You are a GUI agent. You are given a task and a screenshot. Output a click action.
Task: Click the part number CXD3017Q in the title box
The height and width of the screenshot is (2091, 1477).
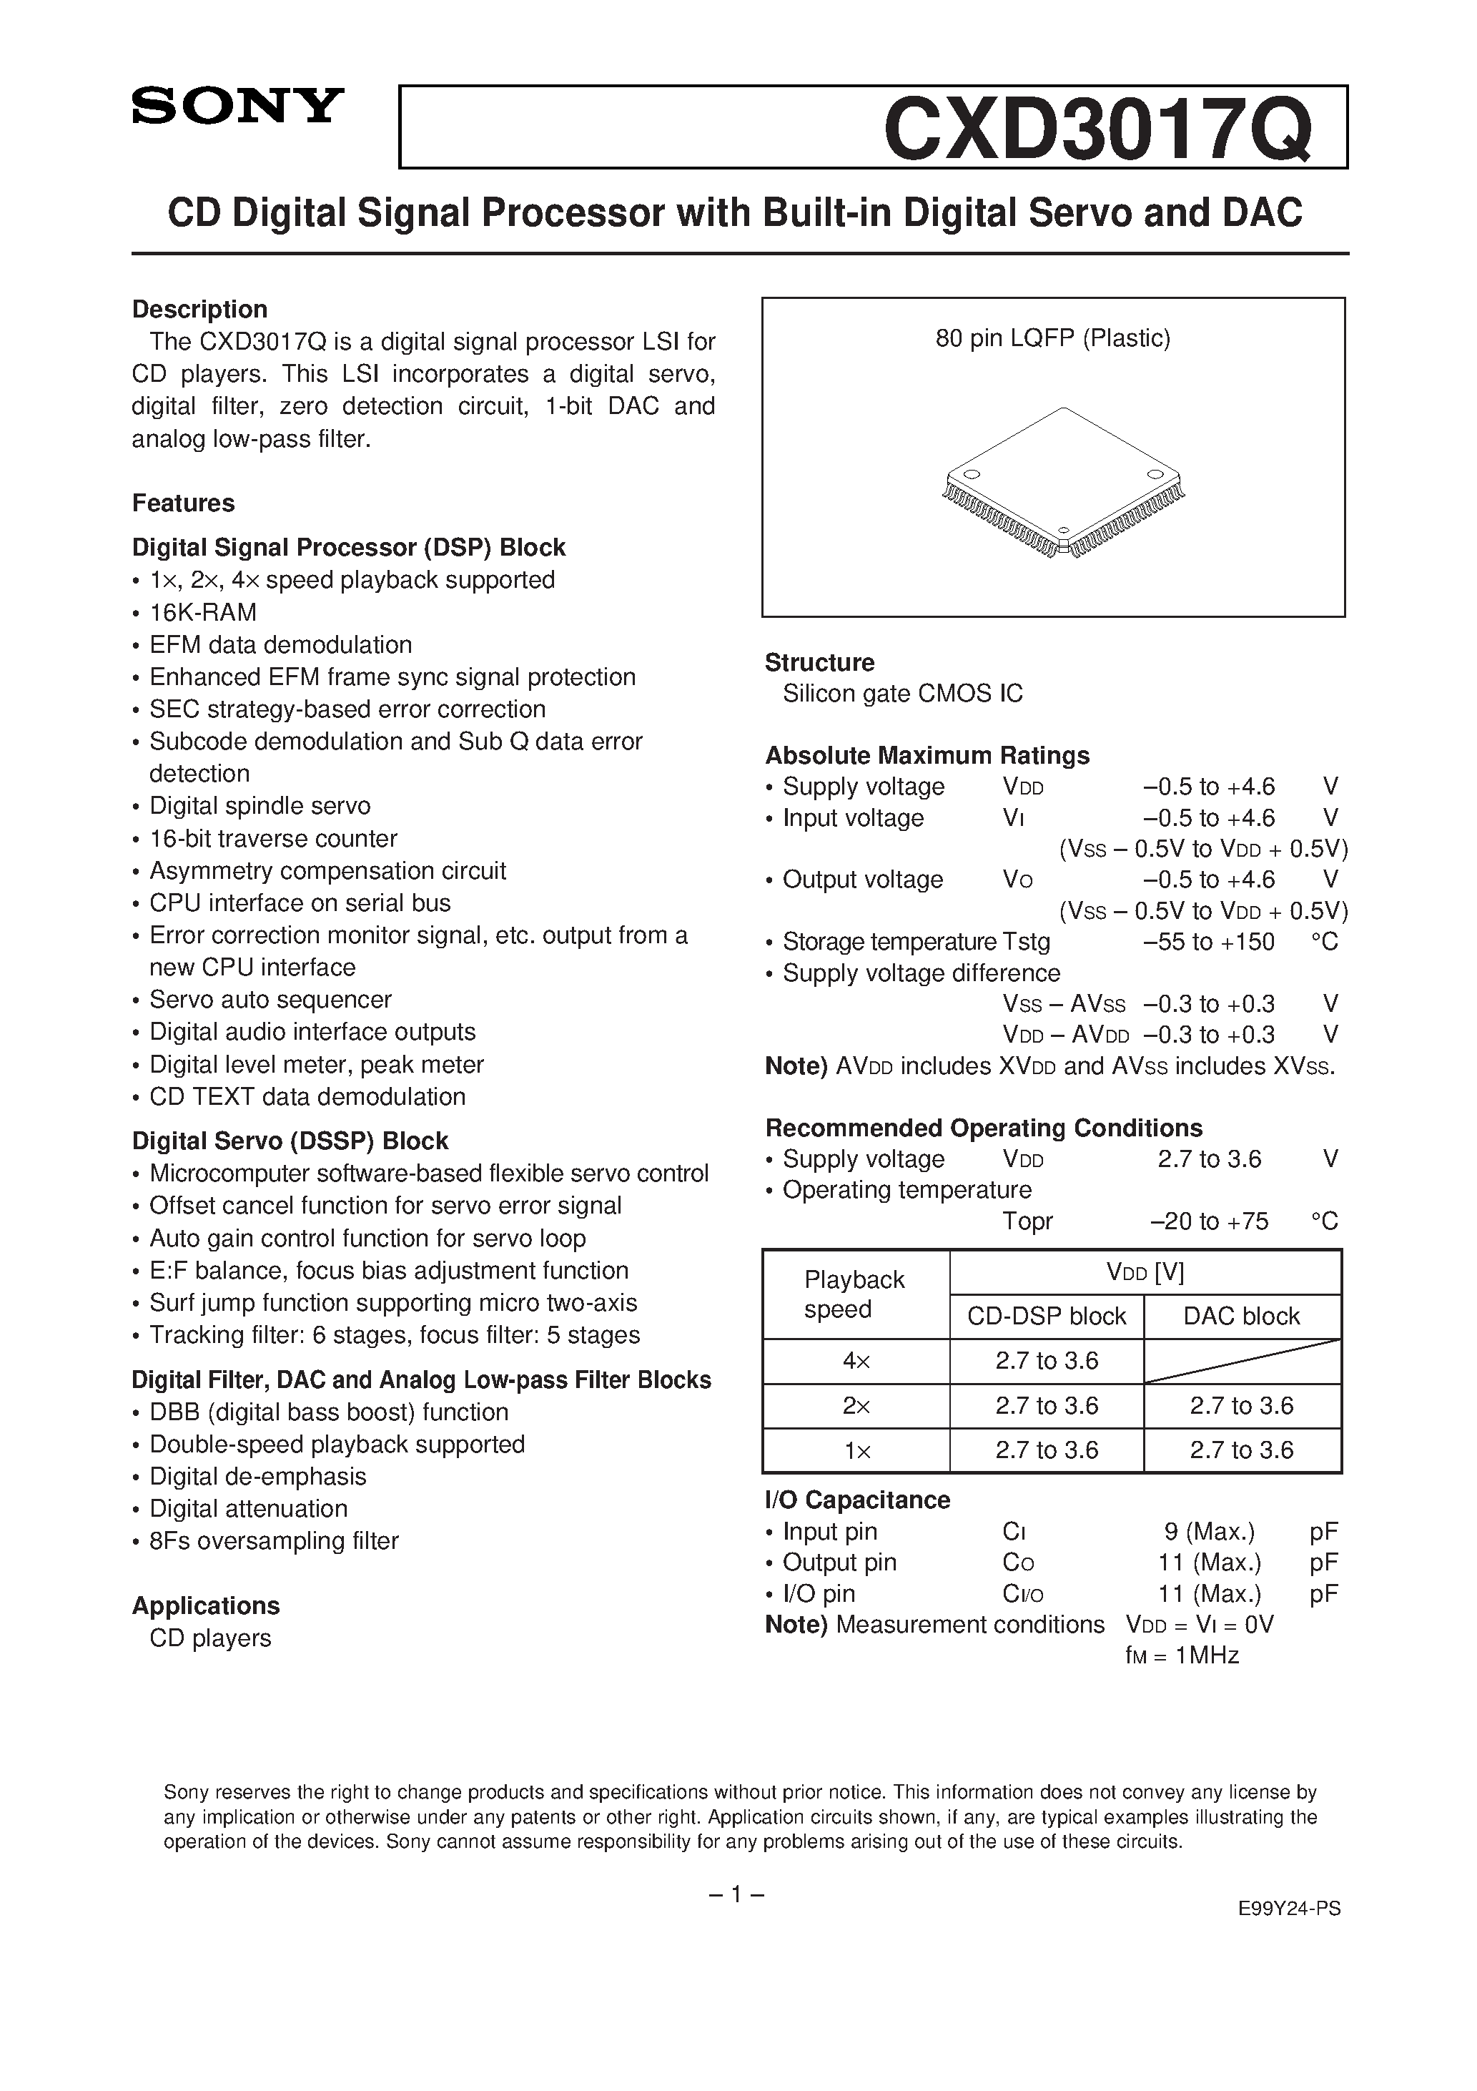click(x=1097, y=129)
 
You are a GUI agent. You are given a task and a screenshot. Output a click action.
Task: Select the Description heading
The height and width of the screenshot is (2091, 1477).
click(x=199, y=309)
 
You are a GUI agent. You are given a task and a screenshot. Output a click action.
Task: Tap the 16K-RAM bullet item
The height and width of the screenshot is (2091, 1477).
click(x=202, y=612)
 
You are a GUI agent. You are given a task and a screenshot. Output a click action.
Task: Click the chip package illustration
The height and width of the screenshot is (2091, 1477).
click(x=1062, y=483)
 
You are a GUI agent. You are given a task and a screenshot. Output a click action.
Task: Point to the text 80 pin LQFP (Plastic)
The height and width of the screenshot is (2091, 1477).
click(x=1052, y=339)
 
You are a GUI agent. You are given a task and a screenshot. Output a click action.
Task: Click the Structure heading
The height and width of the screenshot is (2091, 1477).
click(x=819, y=662)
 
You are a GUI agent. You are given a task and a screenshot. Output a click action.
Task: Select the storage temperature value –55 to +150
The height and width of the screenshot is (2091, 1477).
click(x=1208, y=942)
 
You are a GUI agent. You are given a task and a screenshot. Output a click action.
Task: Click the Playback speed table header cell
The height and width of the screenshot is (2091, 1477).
click(x=854, y=1294)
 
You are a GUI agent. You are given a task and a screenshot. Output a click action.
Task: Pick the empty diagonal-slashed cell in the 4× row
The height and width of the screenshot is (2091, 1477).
click(x=1242, y=1361)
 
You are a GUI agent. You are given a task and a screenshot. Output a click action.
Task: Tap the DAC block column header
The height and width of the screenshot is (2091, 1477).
click(x=1242, y=1316)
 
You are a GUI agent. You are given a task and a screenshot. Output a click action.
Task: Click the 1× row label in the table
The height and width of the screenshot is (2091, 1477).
click(x=856, y=1450)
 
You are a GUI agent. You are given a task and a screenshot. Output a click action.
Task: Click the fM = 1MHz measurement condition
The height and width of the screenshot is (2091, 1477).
click(x=1182, y=1655)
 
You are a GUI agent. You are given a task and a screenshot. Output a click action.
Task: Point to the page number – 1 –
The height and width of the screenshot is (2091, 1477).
click(x=736, y=1894)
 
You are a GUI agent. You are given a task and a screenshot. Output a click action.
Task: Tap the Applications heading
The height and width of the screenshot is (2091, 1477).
click(x=206, y=1605)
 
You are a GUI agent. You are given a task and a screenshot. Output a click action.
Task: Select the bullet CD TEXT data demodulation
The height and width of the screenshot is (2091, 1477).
click(x=307, y=1096)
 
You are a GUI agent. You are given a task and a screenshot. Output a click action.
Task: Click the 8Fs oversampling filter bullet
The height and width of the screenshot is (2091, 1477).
click(x=273, y=1541)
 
